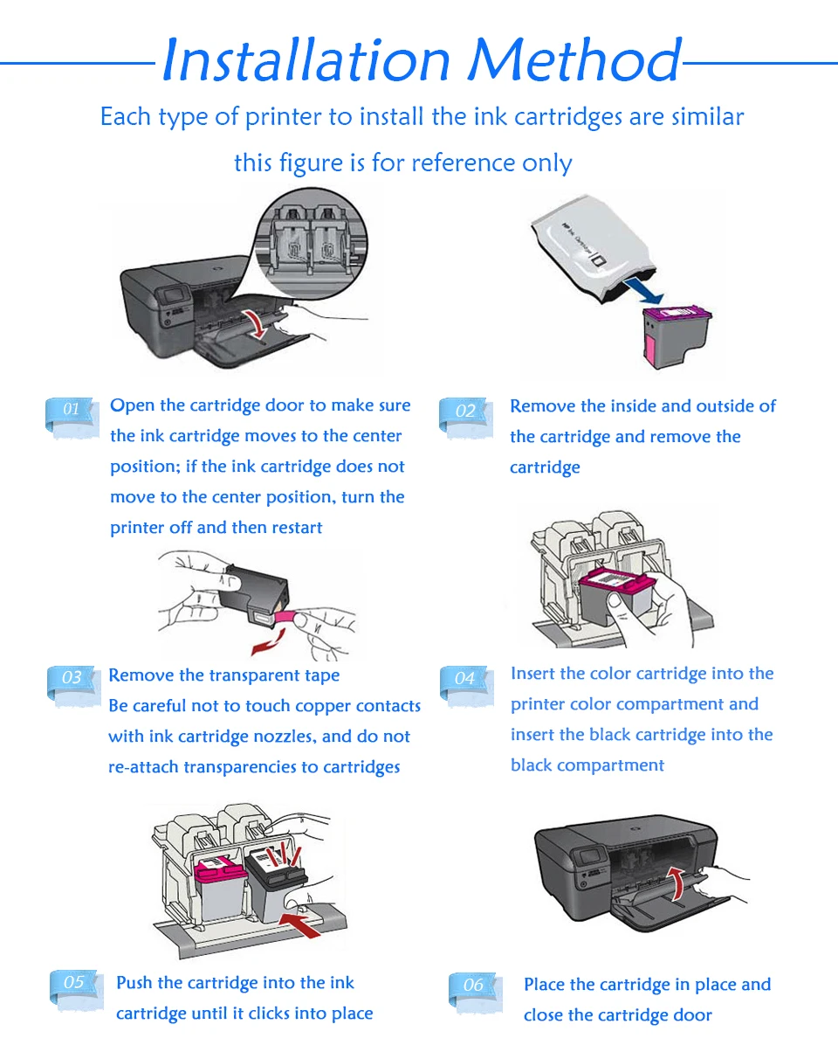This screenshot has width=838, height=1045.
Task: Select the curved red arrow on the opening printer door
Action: (x=258, y=322)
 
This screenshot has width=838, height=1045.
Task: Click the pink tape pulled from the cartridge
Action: (x=284, y=619)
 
